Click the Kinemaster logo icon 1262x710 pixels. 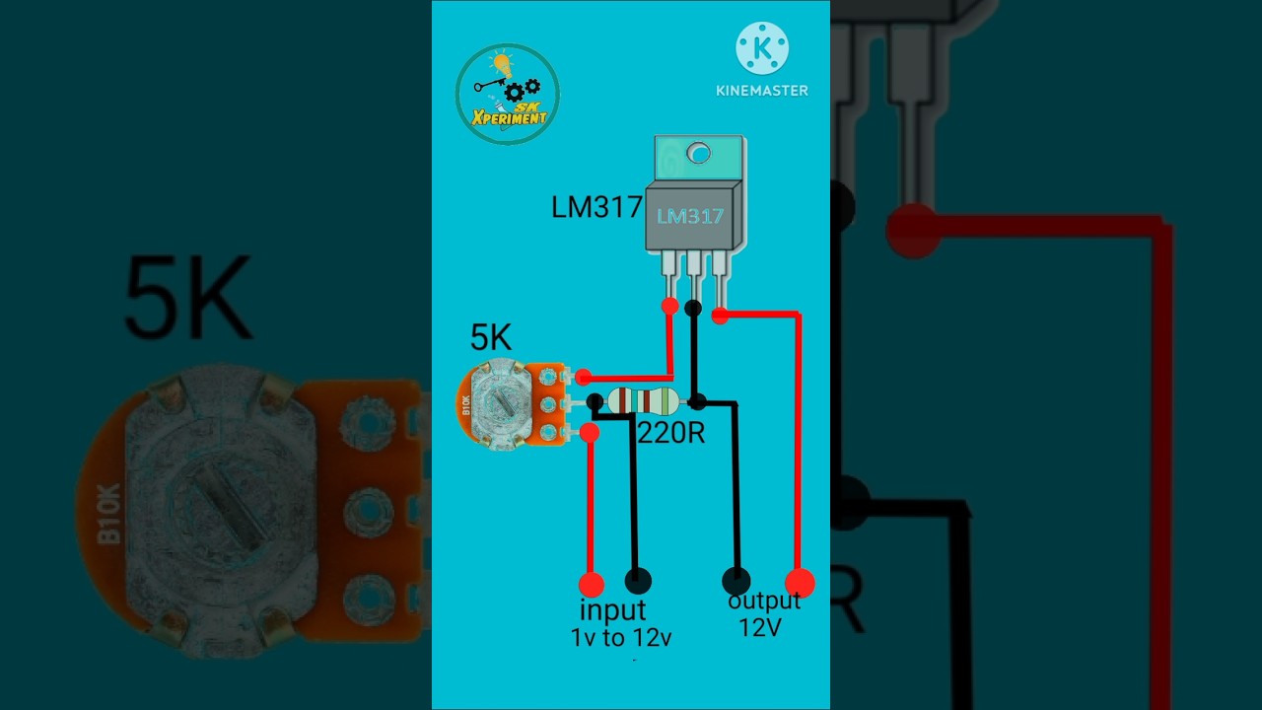click(762, 47)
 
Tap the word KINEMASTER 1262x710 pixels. click(762, 91)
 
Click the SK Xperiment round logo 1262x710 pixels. click(508, 95)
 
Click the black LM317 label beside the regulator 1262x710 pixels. click(596, 208)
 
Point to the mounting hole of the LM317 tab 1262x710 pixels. click(698, 153)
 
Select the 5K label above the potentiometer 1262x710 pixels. click(491, 338)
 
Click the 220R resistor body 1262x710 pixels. click(643, 400)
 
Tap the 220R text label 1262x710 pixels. click(671, 433)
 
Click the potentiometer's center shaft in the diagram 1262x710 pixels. click(503, 402)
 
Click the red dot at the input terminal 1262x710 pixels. click(592, 584)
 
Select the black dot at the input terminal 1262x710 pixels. click(639, 581)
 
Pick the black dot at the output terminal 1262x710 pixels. click(736, 581)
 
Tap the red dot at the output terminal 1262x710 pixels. click(800, 582)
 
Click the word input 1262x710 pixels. click(612, 610)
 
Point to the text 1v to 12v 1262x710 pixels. click(621, 638)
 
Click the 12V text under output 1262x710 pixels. click(760, 626)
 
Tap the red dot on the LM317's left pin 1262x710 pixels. click(670, 306)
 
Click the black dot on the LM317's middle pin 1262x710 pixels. click(693, 309)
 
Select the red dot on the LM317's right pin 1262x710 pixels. click(721, 316)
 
